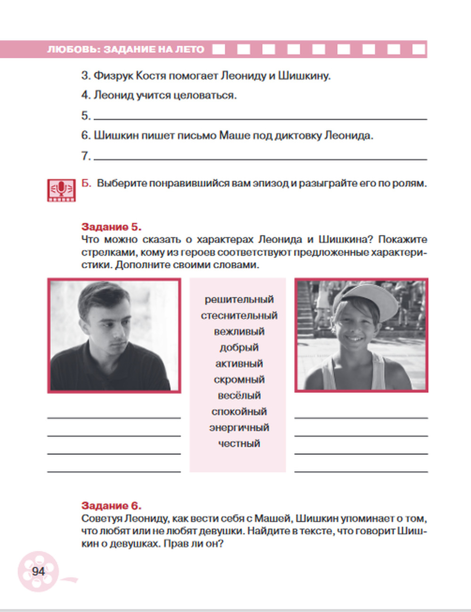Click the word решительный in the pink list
pos(239,299)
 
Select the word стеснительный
pos(239,315)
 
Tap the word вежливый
pos(239,331)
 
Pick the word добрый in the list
pos(239,347)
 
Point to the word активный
pos(239,363)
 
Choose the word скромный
pos(239,379)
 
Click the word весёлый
pos(239,395)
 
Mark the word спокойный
pos(239,411)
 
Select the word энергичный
pos(239,427)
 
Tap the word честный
pos(239,443)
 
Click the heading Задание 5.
pos(111,227)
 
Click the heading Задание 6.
pos(111,506)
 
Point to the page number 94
pos(38,572)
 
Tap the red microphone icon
pos(61,190)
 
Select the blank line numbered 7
pos(260,157)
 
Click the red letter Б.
pos(86,183)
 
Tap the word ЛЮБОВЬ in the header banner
pos(73,49)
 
